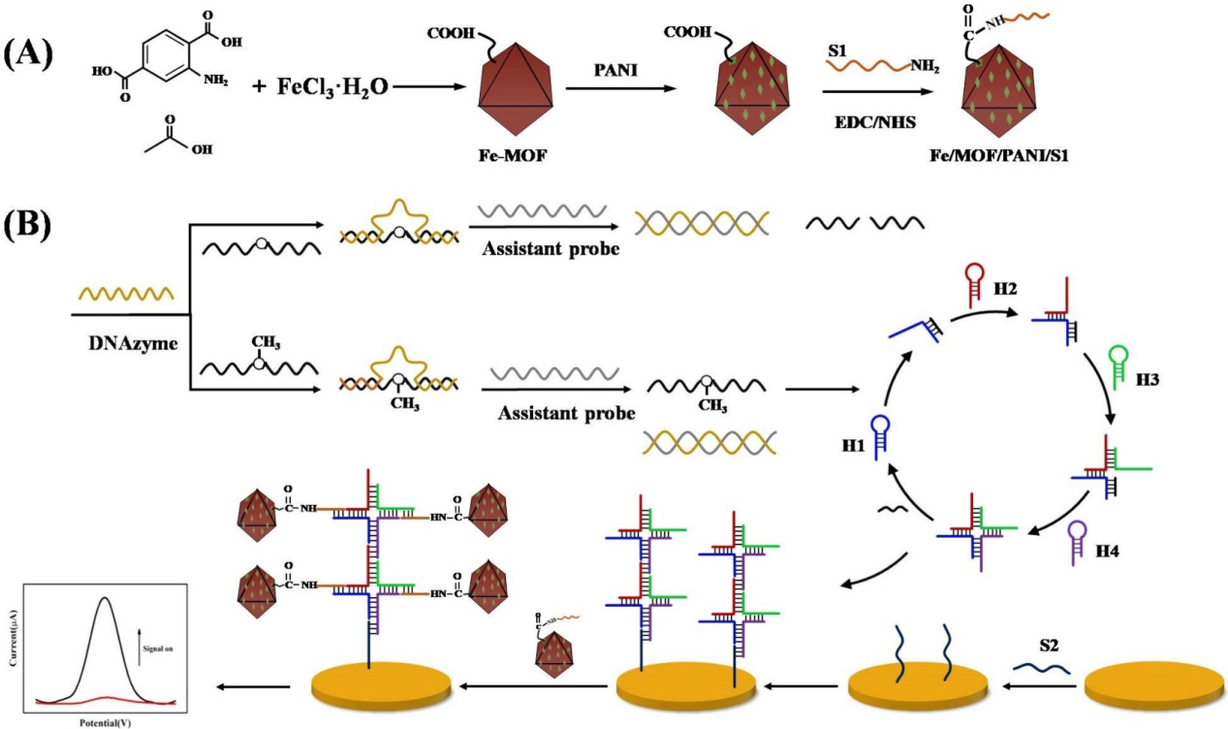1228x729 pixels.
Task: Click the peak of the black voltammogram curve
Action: tap(104, 597)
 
